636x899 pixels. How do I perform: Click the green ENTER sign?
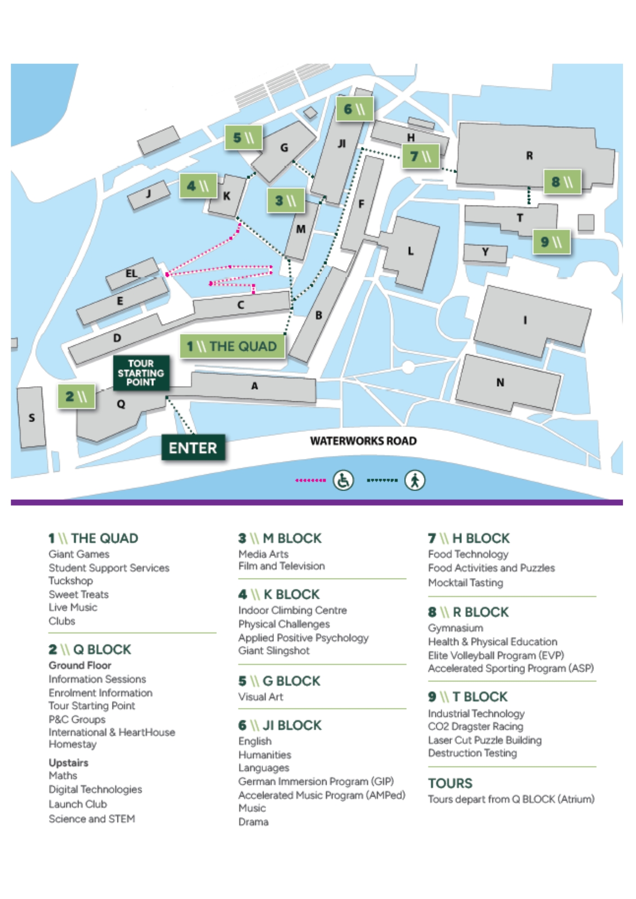tap(193, 448)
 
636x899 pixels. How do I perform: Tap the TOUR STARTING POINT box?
tap(141, 373)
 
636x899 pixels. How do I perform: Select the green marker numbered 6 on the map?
tap(354, 109)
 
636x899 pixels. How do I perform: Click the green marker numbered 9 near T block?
tap(551, 242)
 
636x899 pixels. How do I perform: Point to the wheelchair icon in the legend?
tap(343, 481)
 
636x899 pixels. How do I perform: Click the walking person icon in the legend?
tap(414, 481)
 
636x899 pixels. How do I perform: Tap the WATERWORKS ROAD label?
tap(363, 441)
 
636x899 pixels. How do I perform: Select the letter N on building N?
tap(500, 383)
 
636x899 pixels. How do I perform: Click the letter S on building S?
tap(31, 418)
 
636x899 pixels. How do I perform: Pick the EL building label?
tap(131, 273)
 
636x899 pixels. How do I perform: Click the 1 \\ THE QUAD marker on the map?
tap(232, 346)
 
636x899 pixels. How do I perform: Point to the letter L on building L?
tap(410, 251)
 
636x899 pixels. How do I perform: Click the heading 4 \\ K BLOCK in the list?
tap(279, 594)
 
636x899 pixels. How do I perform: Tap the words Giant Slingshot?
tap(273, 650)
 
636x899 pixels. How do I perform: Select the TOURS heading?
tap(450, 783)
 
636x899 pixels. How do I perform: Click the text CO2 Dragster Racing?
tap(475, 726)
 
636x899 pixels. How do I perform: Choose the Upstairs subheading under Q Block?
tap(68, 763)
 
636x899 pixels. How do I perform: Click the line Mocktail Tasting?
tap(466, 583)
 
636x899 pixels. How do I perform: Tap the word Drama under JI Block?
tap(253, 822)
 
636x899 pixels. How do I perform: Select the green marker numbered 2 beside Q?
tap(76, 396)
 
